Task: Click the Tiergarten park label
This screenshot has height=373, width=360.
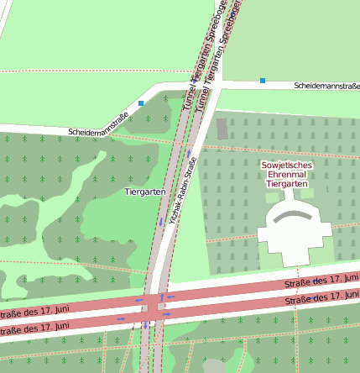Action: coord(143,192)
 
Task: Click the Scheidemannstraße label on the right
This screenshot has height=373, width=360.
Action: coord(326,86)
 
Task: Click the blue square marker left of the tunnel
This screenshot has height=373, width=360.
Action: coord(141,102)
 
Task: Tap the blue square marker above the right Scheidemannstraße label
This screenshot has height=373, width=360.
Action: coord(263,81)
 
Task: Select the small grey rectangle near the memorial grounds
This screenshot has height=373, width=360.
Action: coord(222,129)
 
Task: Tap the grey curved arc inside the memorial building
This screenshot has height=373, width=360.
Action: coord(294,214)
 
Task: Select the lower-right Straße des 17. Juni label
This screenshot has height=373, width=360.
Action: coord(322,298)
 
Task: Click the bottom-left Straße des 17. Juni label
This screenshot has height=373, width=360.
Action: coord(34,326)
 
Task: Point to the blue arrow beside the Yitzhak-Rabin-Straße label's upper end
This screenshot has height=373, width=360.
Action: coord(190,155)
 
